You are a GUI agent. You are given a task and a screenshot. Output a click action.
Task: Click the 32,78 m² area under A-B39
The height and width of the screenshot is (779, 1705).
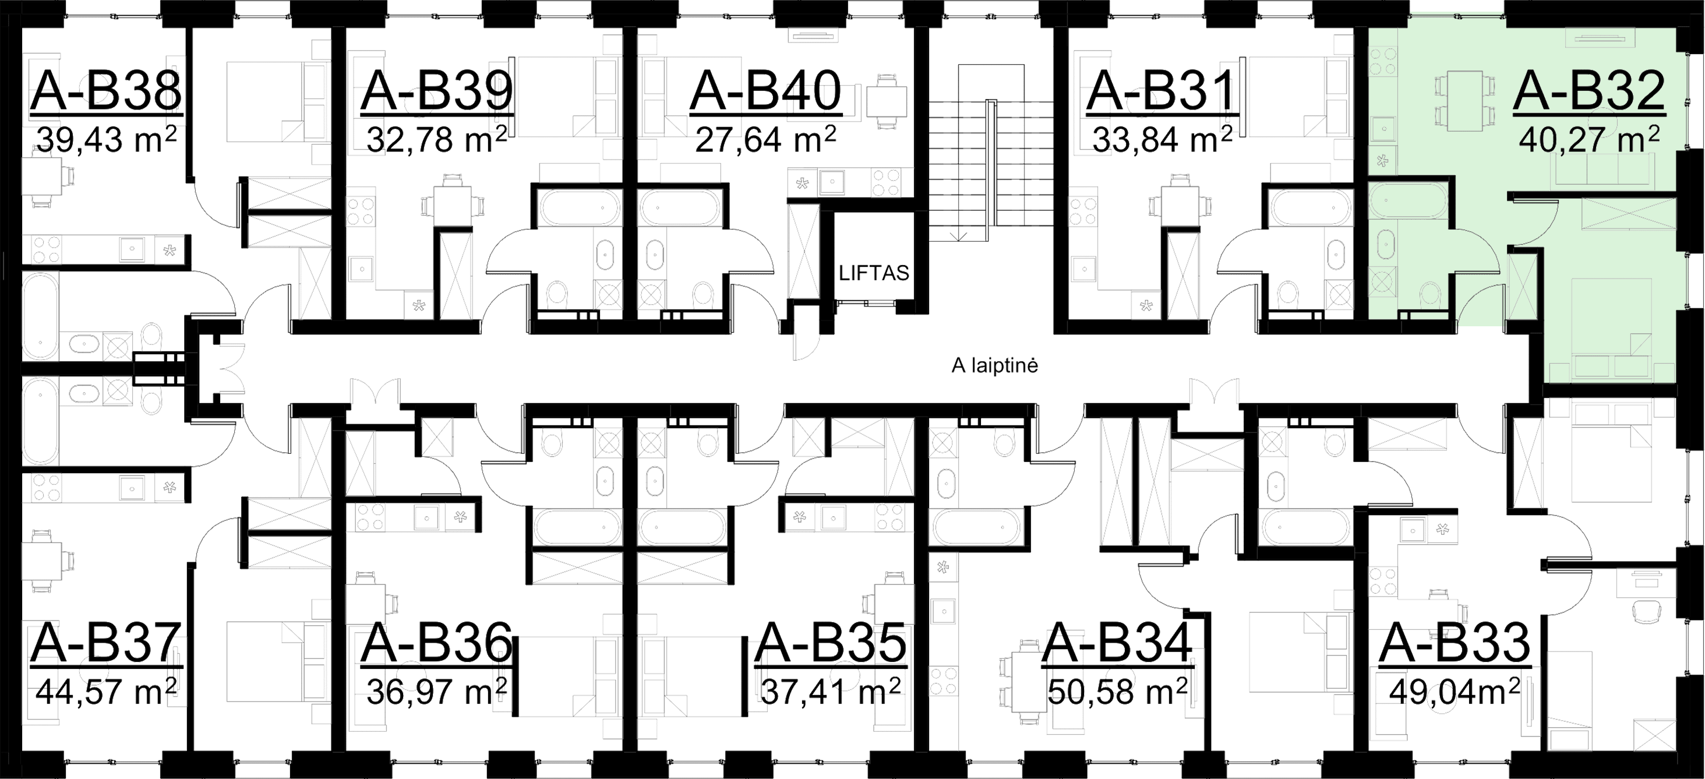437,139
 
